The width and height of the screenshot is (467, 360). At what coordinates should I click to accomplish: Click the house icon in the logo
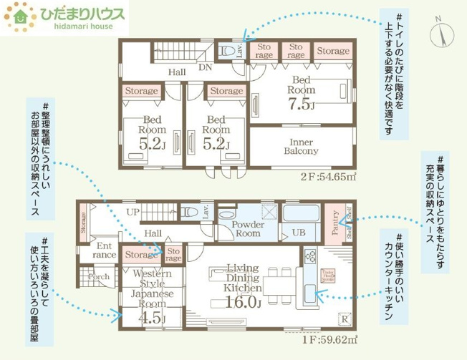pyautogui.click(x=19, y=18)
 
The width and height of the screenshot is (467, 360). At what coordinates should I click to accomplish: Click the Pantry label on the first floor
pyautogui.click(x=334, y=222)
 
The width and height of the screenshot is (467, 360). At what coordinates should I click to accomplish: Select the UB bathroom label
pyautogui.click(x=298, y=233)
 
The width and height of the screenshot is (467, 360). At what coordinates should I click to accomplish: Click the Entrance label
pyautogui.click(x=105, y=250)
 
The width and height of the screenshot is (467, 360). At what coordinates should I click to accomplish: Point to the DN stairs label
pyautogui.click(x=205, y=69)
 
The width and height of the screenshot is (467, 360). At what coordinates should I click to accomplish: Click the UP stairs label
pyautogui.click(x=133, y=213)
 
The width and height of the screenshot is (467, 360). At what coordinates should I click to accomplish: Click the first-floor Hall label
pyautogui.click(x=152, y=233)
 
